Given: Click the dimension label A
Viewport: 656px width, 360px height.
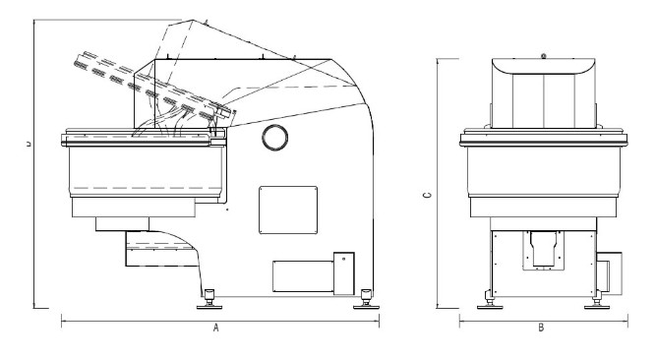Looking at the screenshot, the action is pyautogui.click(x=215, y=328).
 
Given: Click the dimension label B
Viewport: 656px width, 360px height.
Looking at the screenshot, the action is pyautogui.click(x=541, y=328).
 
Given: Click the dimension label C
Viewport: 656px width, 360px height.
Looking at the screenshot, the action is pyautogui.click(x=427, y=195).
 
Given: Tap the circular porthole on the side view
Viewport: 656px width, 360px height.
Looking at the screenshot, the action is pyautogui.click(x=274, y=137).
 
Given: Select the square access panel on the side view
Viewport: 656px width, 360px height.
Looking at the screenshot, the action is pyautogui.click(x=288, y=210).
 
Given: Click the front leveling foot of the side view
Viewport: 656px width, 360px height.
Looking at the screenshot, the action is pyautogui.click(x=209, y=300).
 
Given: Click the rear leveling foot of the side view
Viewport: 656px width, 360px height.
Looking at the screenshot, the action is pyautogui.click(x=367, y=300).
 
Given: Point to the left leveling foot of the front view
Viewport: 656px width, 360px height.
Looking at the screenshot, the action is pyautogui.click(x=490, y=301).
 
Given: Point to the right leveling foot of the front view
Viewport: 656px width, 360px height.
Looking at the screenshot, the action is pyautogui.click(x=597, y=301).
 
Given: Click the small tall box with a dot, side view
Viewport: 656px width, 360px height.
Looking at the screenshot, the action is pyautogui.click(x=344, y=273).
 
